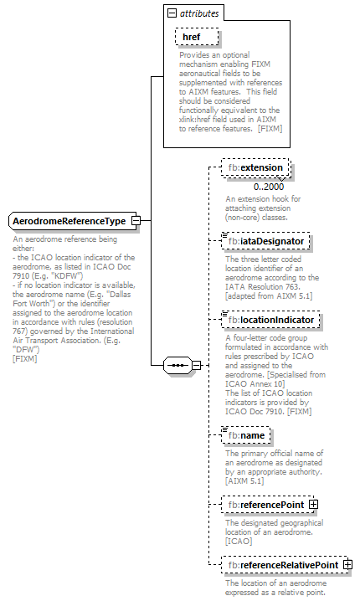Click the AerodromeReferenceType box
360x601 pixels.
point(69,221)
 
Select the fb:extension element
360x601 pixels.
point(258,168)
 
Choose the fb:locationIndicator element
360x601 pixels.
point(270,320)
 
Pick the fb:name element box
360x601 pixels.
point(246,434)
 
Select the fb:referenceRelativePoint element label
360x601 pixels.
point(284,566)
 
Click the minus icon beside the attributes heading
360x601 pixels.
point(172,14)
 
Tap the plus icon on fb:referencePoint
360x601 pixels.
point(313,505)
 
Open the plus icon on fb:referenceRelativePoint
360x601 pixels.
point(347,566)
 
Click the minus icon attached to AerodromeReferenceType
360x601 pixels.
point(136,221)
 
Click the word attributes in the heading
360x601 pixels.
point(200,14)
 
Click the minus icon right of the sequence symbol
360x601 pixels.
point(197,366)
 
